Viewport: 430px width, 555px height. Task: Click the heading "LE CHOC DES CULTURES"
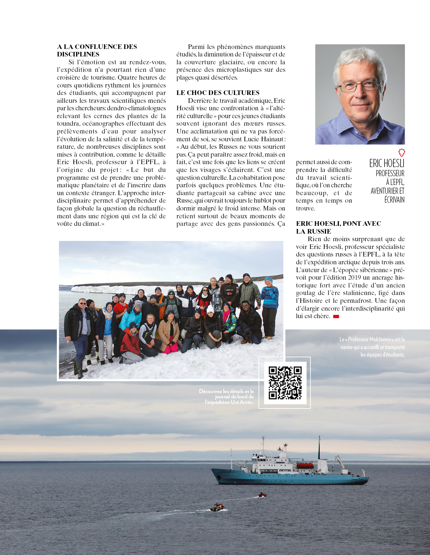[x=218, y=93]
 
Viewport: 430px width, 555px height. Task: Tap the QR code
[x=285, y=383]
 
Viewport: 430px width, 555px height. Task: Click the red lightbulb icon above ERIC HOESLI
[x=402, y=152]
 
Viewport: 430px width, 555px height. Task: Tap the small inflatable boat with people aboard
[x=218, y=507]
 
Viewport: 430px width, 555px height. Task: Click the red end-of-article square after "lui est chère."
[x=336, y=316]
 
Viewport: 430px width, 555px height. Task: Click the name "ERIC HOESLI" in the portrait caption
[x=387, y=163]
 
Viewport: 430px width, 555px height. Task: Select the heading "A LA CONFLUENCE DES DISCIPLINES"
[x=97, y=51]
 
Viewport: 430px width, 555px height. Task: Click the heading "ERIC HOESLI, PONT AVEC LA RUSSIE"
[x=338, y=227]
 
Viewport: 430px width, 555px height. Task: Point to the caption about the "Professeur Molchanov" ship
[x=373, y=347]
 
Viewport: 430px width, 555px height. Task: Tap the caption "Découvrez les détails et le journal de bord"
[x=226, y=396]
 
